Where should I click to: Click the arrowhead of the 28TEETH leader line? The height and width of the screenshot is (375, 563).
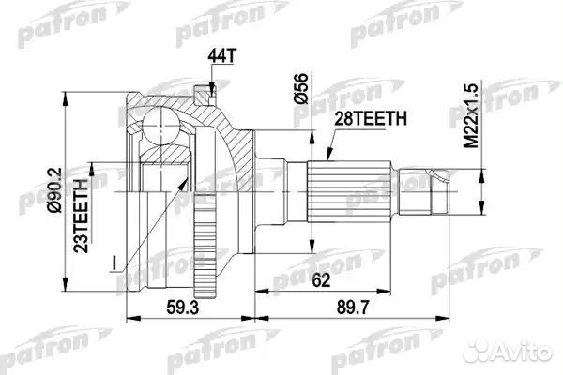[324, 158]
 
